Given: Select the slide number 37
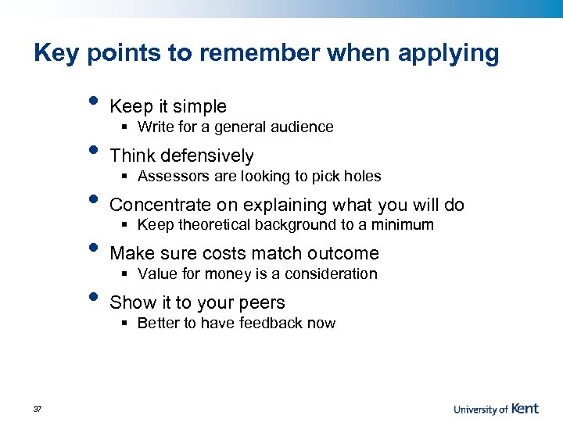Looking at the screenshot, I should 38,409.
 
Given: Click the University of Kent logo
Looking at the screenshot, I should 496,408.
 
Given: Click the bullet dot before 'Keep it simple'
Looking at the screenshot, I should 94,101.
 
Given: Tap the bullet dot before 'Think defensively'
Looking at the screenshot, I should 94,150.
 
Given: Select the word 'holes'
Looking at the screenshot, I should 363,176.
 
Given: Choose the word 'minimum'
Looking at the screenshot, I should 404,225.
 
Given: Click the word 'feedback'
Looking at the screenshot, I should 256,323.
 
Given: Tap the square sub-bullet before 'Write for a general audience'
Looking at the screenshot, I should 126,127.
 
